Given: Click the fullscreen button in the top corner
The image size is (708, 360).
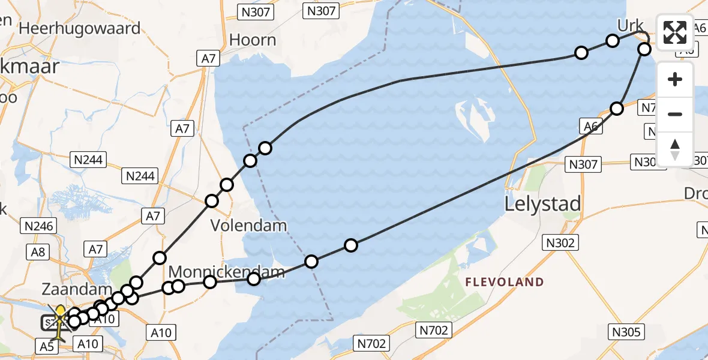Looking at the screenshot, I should [675, 32].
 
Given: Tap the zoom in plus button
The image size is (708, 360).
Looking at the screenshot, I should [675, 80].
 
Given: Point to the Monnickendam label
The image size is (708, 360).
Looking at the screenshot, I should [226, 272].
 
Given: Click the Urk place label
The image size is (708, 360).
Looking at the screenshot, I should [630, 26].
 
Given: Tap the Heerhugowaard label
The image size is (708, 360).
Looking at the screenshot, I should [80, 28].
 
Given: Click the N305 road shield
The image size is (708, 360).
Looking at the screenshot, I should [626, 332].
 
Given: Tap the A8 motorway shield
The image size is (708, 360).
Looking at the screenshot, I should [38, 251].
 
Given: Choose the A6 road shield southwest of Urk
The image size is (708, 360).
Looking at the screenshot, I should [590, 126].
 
